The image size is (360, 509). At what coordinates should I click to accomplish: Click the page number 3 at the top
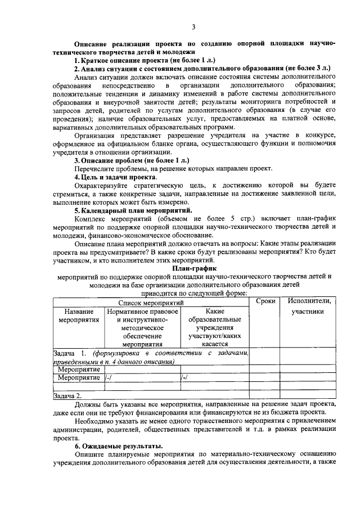[x=193, y=26]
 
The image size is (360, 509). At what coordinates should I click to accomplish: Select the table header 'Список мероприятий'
[x=150, y=302]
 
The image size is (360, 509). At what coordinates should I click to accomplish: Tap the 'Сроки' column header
[x=265, y=301]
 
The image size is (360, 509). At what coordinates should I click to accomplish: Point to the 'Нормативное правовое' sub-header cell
[x=142, y=311]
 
